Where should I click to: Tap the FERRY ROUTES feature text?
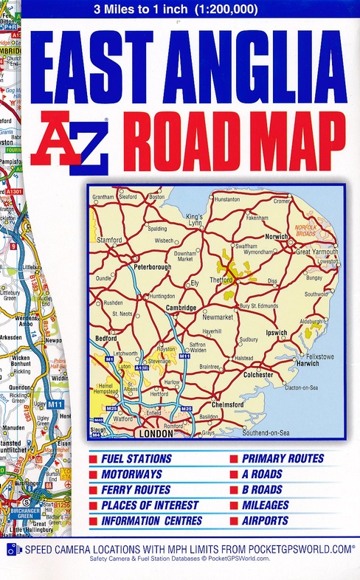click(136, 490)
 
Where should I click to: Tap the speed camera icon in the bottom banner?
click(11, 549)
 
